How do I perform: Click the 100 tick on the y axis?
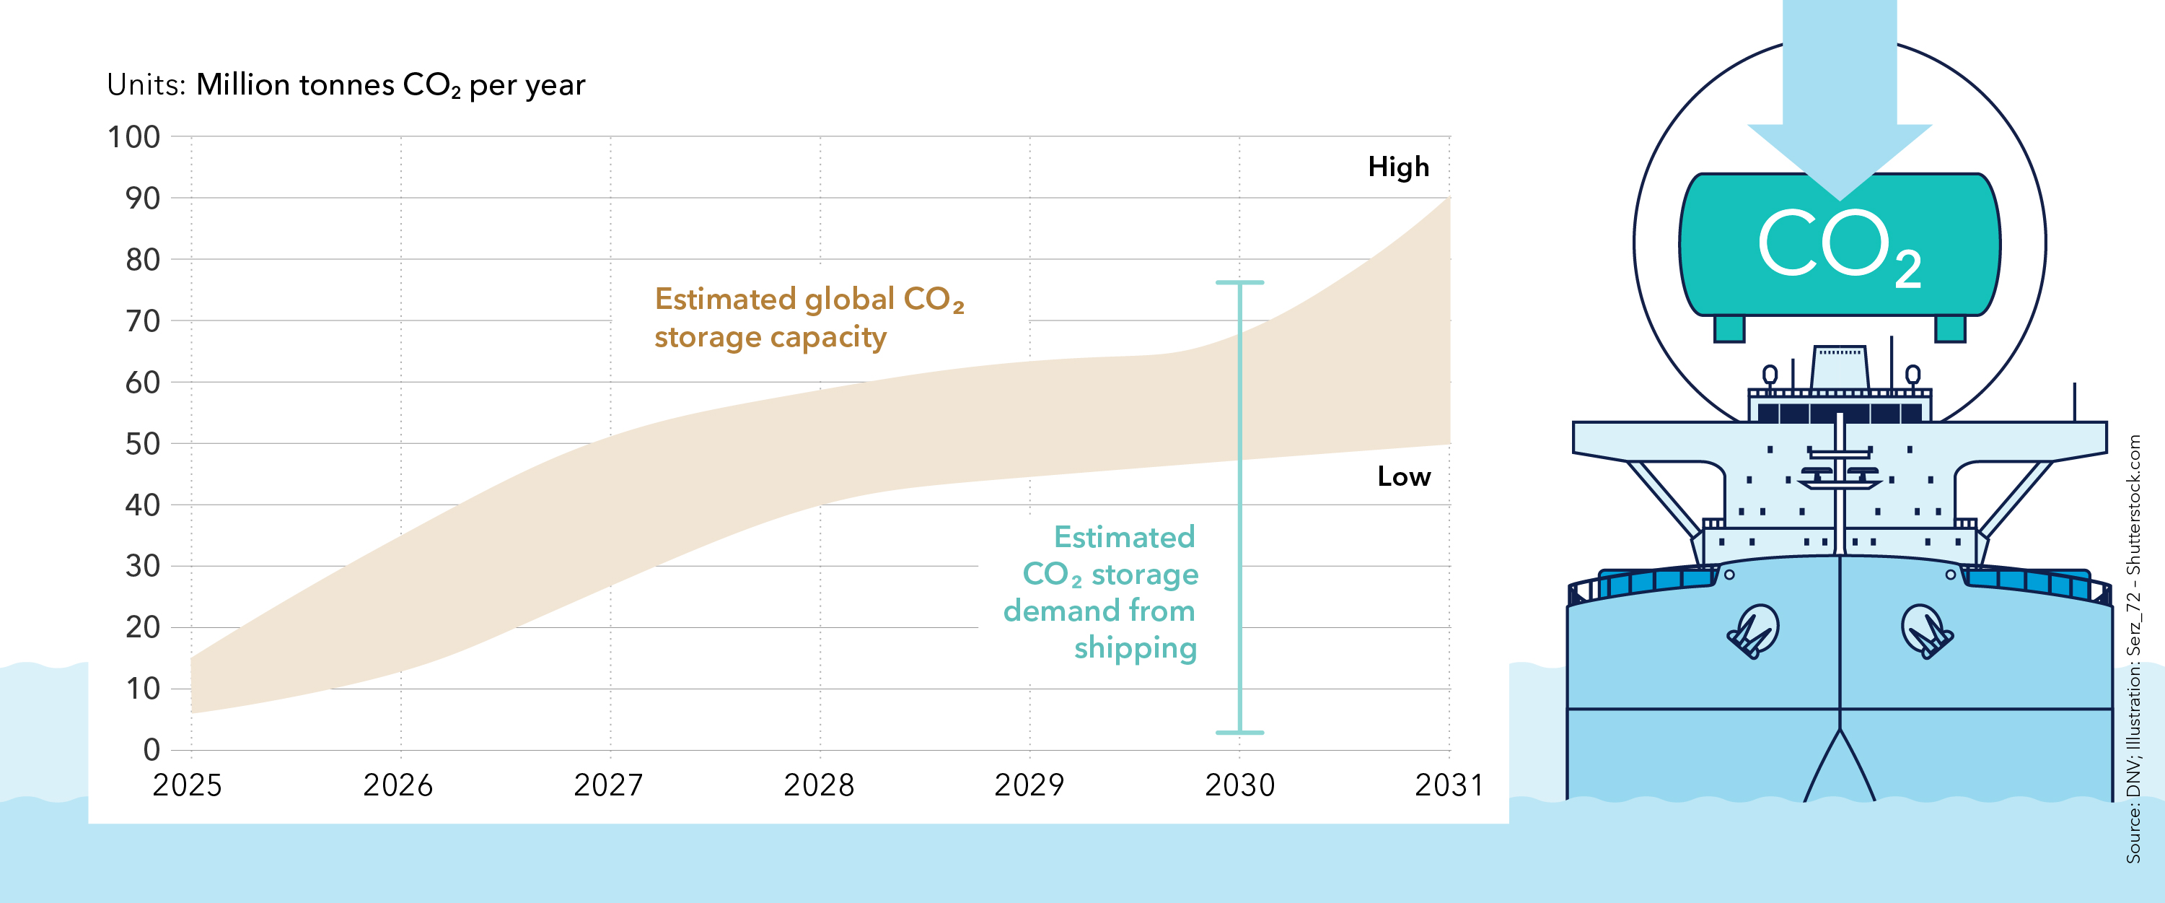[x=133, y=137]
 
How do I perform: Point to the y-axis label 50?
[x=142, y=444]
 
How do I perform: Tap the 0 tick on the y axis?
[x=151, y=750]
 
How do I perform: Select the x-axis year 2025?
[x=187, y=785]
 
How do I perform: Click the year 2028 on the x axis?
[x=819, y=785]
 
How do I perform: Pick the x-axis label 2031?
[x=1449, y=785]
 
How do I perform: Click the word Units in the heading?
[x=146, y=85]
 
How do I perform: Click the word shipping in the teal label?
[x=1135, y=648]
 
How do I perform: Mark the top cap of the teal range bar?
[x=1239, y=282]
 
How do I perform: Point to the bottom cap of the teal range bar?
[x=1239, y=733]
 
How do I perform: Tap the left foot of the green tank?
[x=1729, y=328]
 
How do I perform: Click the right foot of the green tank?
[x=1950, y=328]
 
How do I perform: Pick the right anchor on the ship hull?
[x=1926, y=632]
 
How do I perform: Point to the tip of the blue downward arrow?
[x=1840, y=199]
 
